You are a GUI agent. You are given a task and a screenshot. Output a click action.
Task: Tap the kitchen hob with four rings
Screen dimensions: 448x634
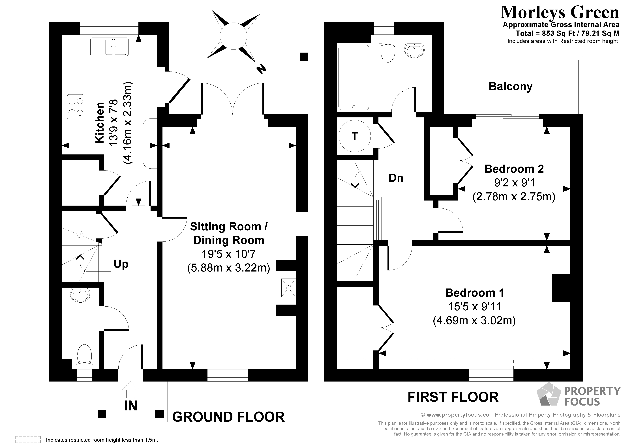point(76,107)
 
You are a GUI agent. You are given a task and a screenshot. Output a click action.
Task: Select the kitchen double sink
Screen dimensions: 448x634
point(109,47)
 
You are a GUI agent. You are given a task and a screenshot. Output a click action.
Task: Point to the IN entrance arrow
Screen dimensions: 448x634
point(131,389)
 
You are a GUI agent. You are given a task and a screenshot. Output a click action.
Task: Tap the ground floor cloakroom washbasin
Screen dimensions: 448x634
point(80,295)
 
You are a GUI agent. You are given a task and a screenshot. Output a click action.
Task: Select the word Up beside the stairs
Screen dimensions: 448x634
point(121,264)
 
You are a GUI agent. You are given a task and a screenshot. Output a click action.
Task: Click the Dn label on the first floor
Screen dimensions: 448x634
point(396,178)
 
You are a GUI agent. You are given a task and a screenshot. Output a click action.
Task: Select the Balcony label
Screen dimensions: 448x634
point(510,86)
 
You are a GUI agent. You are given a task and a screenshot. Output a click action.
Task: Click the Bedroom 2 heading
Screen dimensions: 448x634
point(514,169)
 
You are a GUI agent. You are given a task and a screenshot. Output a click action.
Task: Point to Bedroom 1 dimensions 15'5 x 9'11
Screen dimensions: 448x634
point(474,306)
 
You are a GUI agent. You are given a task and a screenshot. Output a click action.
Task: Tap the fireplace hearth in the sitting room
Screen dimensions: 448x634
point(288,288)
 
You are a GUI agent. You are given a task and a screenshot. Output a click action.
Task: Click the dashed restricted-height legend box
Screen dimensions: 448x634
point(28,440)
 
